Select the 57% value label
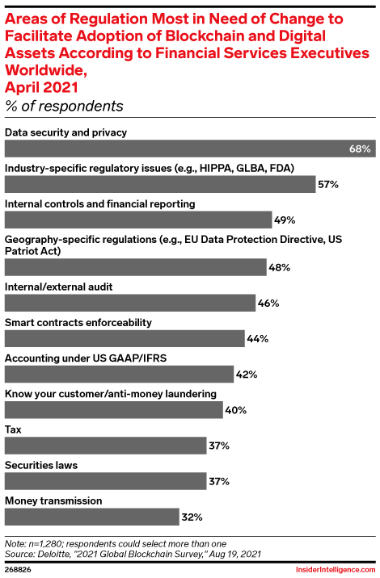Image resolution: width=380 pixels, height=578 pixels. [327, 185]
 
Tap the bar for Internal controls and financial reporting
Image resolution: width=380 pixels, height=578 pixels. [138, 220]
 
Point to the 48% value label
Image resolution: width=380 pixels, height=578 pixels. [279, 267]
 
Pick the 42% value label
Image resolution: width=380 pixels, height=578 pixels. [247, 374]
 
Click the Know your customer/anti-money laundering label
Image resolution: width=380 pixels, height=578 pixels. [111, 393]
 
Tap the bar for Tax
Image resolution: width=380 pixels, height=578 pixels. [106, 446]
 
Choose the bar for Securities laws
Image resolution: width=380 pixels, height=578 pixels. [106, 481]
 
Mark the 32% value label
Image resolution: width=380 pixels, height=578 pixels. [192, 517]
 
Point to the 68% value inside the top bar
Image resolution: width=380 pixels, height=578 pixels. [361, 149]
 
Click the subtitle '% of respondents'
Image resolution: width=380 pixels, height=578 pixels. [64, 106]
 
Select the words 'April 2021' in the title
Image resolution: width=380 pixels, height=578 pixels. [42, 86]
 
